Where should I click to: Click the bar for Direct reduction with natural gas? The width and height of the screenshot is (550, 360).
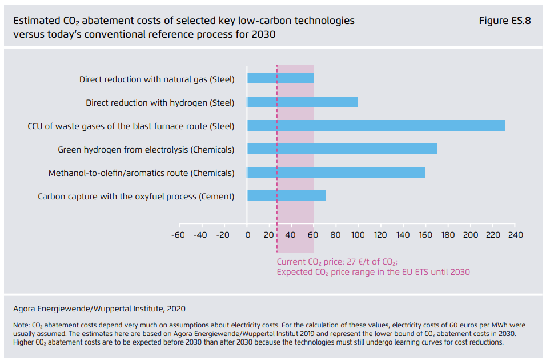[x=280, y=79]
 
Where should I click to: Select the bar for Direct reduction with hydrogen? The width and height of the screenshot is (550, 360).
[x=302, y=102]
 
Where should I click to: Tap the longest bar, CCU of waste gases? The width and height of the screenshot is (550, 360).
[x=376, y=126]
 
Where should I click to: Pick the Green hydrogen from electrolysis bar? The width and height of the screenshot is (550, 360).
[x=342, y=149]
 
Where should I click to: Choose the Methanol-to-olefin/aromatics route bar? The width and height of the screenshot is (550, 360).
[x=336, y=173]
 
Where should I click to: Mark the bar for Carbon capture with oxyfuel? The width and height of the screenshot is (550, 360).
[x=286, y=196]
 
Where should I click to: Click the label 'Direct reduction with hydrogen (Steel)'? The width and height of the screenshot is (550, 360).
[x=160, y=103]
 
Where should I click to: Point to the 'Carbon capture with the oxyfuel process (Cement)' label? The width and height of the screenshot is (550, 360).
[x=136, y=197]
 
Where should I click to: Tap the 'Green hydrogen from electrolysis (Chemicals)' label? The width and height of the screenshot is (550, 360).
[x=146, y=150]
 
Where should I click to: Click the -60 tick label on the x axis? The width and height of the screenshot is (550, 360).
[x=178, y=235]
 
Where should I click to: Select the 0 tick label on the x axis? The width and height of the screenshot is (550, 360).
[x=247, y=235]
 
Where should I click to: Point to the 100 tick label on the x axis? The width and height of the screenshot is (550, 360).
[x=358, y=235]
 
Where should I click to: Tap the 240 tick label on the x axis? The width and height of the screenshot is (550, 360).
[x=515, y=235]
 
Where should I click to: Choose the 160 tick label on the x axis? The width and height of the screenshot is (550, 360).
[x=425, y=235]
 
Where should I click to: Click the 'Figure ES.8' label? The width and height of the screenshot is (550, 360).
[x=505, y=21]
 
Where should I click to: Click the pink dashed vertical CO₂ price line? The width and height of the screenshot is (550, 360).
[x=277, y=229]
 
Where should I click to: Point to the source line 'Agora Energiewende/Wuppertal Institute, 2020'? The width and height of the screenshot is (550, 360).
[x=99, y=309]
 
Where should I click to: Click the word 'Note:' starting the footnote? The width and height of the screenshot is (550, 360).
[x=22, y=325]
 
